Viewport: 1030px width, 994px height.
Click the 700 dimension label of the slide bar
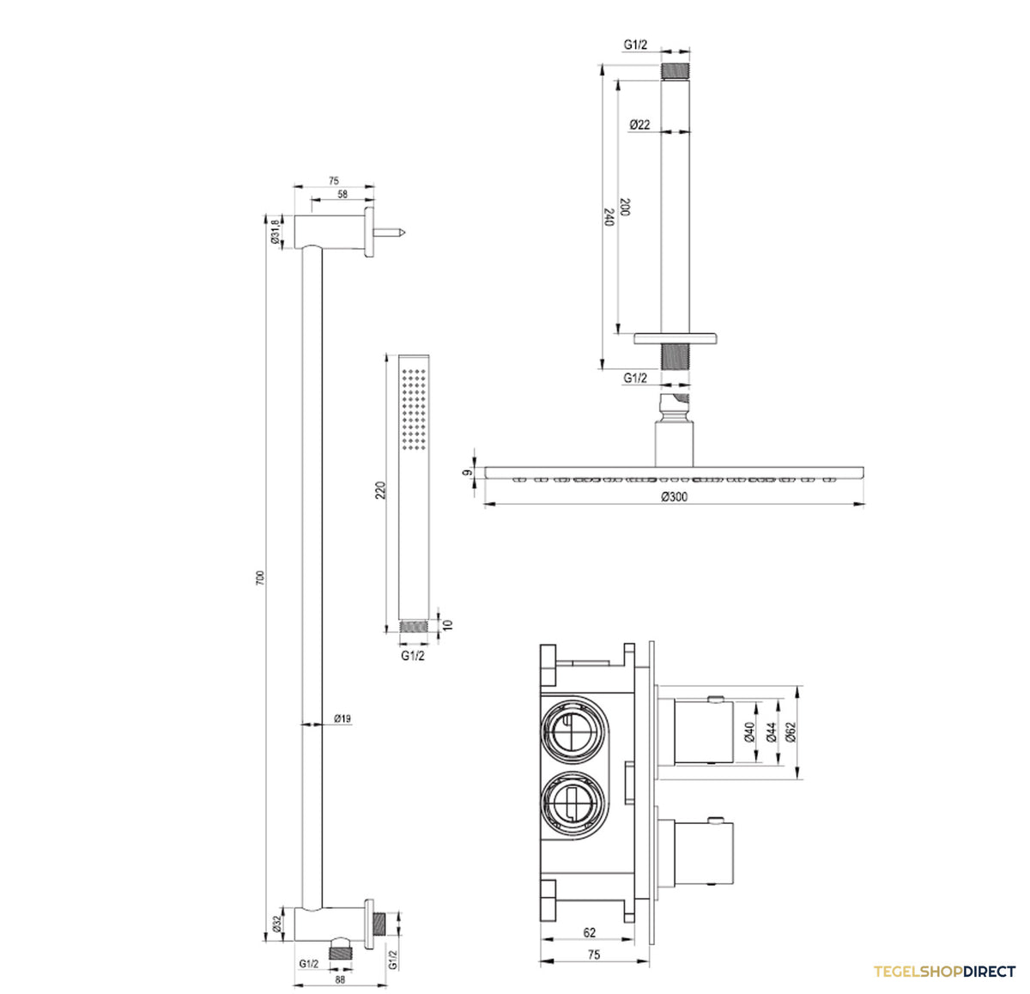(x=259, y=578)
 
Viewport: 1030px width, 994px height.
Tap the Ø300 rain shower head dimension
(x=675, y=496)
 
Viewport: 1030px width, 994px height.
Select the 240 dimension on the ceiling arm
(x=609, y=217)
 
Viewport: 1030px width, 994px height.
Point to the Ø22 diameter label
(x=640, y=125)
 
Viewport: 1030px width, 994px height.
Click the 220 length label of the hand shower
(x=380, y=490)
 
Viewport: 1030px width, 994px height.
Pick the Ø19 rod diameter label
(x=342, y=718)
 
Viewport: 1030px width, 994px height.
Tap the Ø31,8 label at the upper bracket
(x=275, y=231)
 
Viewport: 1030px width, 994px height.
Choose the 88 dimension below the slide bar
(x=340, y=979)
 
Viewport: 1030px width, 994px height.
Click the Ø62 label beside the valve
(x=791, y=732)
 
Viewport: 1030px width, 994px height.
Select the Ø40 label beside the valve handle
(x=749, y=732)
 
